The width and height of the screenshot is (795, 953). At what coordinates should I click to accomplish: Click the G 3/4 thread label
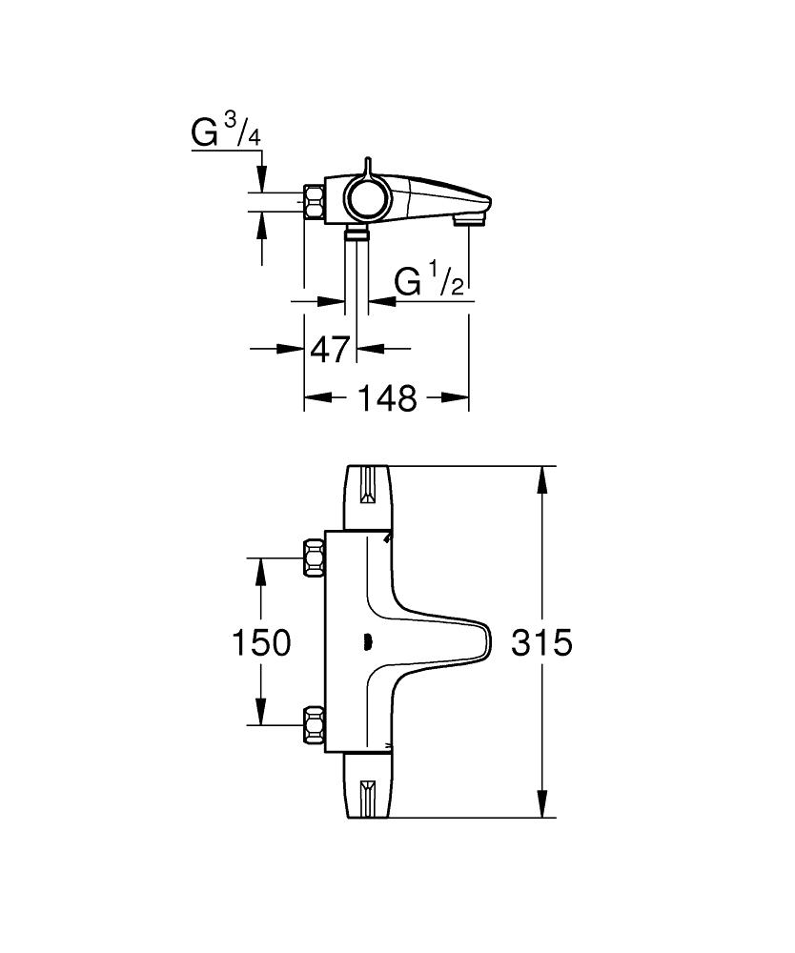(226, 132)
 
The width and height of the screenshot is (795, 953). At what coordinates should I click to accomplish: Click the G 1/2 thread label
(429, 281)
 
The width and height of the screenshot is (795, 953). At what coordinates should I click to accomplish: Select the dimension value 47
(331, 350)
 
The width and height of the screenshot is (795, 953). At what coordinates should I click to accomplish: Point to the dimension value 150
(261, 643)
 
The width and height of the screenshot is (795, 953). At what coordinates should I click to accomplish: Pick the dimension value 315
(540, 643)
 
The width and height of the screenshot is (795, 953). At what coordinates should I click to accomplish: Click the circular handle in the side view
(362, 198)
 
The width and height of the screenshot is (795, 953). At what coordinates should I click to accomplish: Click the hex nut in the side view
(316, 201)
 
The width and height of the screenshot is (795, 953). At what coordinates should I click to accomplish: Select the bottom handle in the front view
(367, 788)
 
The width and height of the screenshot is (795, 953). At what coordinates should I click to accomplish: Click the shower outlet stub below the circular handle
(357, 233)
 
